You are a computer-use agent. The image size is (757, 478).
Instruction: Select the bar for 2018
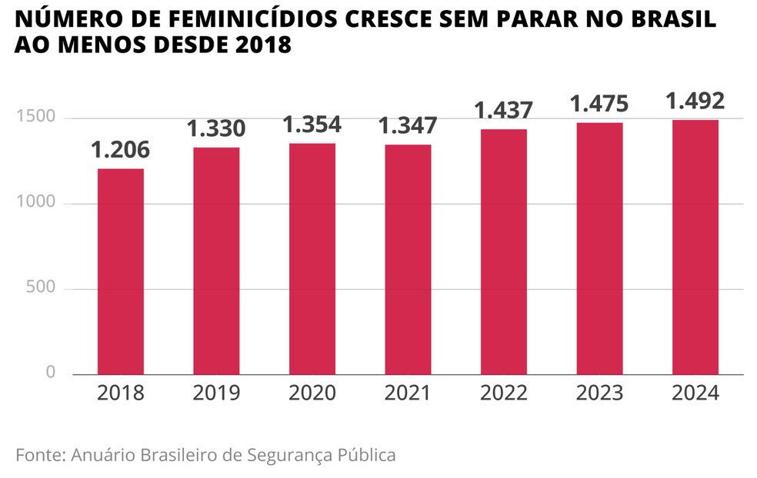tap(120, 271)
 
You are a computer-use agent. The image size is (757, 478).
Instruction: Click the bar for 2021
tap(408, 260)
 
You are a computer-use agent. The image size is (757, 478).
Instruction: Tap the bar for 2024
tap(695, 247)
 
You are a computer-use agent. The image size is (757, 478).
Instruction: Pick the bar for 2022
tap(504, 251)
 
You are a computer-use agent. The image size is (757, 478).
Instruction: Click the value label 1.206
tap(120, 150)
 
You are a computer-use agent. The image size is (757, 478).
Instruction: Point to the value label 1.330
tap(216, 128)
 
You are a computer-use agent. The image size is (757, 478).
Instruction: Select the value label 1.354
tap(312, 124)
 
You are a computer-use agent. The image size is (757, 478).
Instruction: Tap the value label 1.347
tap(408, 125)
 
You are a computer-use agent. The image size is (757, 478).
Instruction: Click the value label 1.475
tap(599, 104)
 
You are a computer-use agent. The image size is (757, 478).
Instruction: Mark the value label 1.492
tap(695, 101)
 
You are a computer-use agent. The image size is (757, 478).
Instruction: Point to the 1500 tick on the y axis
tap(35, 118)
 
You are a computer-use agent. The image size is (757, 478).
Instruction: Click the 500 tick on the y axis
tap(40, 288)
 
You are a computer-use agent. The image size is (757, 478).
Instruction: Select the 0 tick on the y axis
tap(51, 373)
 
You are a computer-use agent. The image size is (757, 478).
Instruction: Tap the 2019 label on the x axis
tap(216, 393)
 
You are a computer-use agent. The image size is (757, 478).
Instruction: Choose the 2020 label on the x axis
tap(312, 393)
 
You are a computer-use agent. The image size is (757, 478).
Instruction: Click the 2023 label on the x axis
tap(599, 393)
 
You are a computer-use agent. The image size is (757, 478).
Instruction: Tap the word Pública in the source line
tap(367, 455)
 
